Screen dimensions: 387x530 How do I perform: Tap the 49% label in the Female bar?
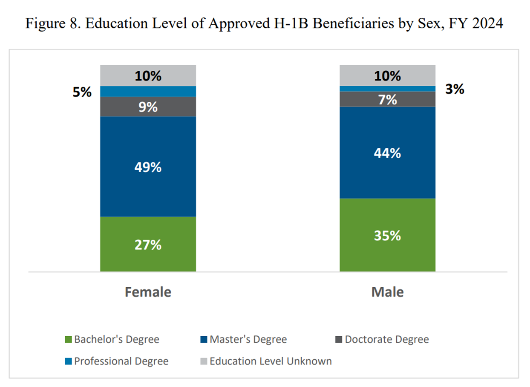click(x=148, y=168)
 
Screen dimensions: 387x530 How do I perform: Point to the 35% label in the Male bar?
click(x=387, y=236)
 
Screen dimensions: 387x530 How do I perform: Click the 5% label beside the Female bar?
click(x=82, y=92)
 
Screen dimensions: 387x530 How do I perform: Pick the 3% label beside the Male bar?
click(x=454, y=90)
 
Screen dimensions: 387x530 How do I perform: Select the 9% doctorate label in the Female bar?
click(x=148, y=107)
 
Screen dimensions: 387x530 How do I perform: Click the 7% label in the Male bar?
click(x=387, y=100)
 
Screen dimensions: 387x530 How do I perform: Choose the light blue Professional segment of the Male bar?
click(x=387, y=89)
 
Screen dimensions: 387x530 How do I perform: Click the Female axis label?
click(x=148, y=292)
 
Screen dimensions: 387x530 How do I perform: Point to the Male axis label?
click(x=387, y=292)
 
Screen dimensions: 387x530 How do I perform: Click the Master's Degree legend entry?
click(x=244, y=340)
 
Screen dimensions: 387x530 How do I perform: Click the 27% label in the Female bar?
click(x=148, y=245)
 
